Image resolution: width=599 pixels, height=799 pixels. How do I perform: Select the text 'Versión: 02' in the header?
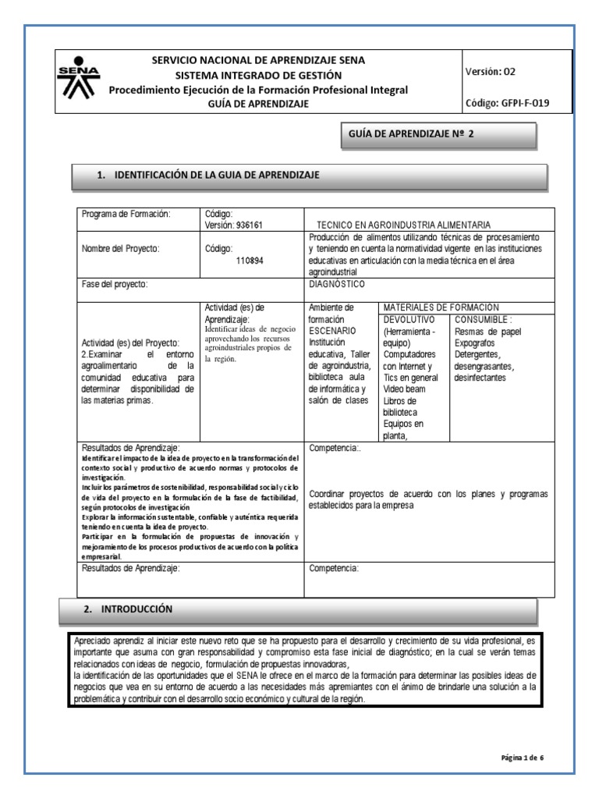point(491,71)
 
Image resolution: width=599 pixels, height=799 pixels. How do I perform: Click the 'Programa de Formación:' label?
point(126,214)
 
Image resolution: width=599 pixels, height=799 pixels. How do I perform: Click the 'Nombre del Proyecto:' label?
point(120,249)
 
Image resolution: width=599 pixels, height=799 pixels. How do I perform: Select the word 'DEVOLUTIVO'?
point(410,319)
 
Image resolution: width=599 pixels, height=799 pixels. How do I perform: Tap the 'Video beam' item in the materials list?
point(406,389)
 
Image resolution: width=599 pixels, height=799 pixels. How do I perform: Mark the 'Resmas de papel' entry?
point(488,332)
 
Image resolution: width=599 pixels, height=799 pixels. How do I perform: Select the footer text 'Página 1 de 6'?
point(526,757)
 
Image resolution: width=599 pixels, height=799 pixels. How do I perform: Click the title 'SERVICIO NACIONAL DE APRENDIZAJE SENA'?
point(257,60)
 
